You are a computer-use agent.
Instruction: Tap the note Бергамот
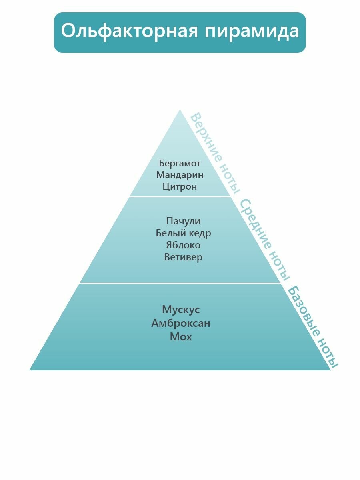[180, 163]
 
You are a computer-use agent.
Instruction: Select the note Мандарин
[180, 175]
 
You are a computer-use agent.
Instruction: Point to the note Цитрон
[180, 186]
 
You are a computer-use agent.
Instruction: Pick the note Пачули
[183, 221]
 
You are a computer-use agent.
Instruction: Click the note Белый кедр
[183, 233]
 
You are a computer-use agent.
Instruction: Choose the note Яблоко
[183, 245]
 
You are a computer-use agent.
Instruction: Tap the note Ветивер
[183, 257]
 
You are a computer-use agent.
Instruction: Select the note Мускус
[181, 310]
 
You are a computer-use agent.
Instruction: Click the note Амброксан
[181, 323]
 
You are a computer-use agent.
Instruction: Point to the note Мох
[181, 337]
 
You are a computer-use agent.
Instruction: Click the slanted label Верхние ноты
[215, 152]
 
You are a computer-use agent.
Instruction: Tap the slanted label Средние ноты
[264, 239]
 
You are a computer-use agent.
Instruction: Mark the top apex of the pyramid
[180, 110]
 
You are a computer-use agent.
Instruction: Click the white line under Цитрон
[180, 196]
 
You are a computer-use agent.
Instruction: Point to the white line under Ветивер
[180, 283]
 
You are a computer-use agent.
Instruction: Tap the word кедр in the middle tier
[200, 233]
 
